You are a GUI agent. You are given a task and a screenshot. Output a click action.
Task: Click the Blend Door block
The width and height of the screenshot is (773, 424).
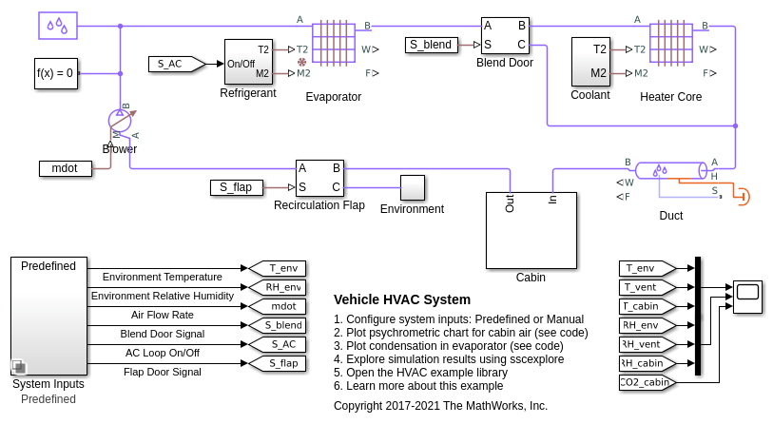coord(504,36)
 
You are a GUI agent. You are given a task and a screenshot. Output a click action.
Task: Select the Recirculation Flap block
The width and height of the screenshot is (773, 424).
coord(319,178)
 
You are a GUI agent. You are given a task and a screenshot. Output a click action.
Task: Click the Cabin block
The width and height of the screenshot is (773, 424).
coord(531,230)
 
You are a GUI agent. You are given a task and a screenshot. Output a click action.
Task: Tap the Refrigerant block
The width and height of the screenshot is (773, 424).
coord(248,62)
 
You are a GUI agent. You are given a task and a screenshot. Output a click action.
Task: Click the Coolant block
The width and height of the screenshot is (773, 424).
coord(589,62)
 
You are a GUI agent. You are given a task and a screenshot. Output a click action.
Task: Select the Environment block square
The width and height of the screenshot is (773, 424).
coord(412,187)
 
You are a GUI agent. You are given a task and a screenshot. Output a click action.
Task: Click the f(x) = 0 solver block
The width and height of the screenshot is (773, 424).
coord(55,72)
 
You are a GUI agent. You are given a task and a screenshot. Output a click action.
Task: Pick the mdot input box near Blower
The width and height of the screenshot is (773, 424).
coord(65,168)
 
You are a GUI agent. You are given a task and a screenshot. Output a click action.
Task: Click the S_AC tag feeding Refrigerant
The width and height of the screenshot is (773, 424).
coord(175,64)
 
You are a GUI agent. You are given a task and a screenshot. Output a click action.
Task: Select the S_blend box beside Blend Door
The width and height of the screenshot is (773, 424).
coord(431,45)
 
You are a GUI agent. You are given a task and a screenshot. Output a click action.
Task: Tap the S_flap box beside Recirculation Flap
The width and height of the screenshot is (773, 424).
coord(236,187)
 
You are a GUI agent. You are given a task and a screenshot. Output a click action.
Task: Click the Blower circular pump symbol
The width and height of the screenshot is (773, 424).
coord(120,121)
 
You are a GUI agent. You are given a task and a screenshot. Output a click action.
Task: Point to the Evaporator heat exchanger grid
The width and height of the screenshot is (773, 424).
coord(333,43)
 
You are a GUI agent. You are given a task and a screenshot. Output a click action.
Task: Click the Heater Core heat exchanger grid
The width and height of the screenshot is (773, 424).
coord(671,43)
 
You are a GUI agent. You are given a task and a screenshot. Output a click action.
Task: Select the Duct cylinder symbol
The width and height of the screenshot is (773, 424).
coord(669,170)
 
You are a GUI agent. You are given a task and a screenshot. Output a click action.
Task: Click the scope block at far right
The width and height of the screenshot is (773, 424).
coord(747,297)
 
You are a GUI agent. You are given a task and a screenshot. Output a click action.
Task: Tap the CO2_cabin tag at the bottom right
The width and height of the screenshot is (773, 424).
coord(646,382)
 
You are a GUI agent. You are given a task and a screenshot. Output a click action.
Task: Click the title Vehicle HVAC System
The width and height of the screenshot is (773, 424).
coord(401,299)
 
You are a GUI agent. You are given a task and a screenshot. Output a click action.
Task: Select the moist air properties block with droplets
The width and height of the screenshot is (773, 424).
coord(58,25)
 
